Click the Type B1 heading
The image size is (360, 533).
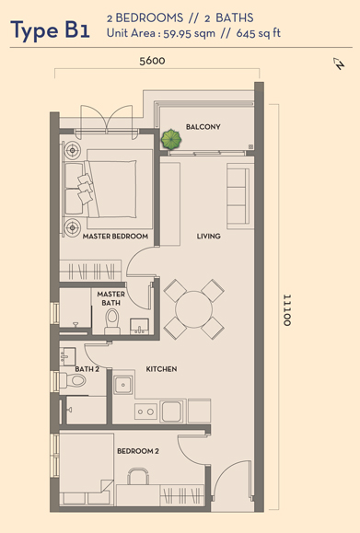pyautogui.click(x=51, y=30)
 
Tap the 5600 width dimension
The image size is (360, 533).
pyautogui.click(x=152, y=61)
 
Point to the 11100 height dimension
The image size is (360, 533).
pyautogui.click(x=287, y=310)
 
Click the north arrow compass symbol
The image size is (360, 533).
pyautogui.click(x=339, y=64)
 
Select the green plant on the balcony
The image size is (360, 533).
pyautogui.click(x=171, y=139)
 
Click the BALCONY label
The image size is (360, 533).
pyautogui.click(x=203, y=127)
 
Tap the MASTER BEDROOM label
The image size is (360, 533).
pyautogui.click(x=115, y=236)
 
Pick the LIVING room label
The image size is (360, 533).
pyautogui.click(x=208, y=236)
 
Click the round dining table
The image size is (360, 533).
pyautogui.click(x=193, y=309)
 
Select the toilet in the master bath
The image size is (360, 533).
pyautogui.click(x=111, y=322)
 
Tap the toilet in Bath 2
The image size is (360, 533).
pyautogui.click(x=73, y=380)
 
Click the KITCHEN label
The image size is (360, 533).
pyautogui.click(x=161, y=369)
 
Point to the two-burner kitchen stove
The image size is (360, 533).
pyautogui.click(x=146, y=411)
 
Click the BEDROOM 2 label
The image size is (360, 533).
pyautogui.click(x=138, y=451)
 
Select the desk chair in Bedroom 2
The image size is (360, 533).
pyautogui.click(x=138, y=476)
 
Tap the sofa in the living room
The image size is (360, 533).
pyautogui.click(x=240, y=196)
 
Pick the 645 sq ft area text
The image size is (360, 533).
pyautogui.click(x=259, y=33)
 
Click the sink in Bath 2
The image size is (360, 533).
pyautogui.click(x=67, y=356)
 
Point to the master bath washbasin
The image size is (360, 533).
pyautogui.click(x=139, y=326)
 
